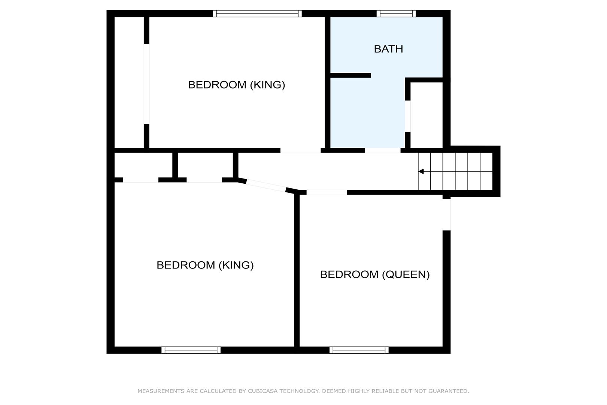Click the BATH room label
[388, 49]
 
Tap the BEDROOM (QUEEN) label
[375, 274]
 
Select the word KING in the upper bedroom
[267, 85]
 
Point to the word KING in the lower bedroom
[236, 265]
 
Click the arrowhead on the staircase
[421, 171]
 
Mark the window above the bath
[396, 13]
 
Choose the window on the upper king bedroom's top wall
[257, 13]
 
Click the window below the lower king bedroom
[191, 350]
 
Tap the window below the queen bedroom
[359, 350]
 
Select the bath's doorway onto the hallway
[383, 150]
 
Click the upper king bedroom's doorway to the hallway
[301, 150]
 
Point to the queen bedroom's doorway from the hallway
[327, 192]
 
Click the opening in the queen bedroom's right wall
[447, 215]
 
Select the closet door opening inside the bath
[407, 116]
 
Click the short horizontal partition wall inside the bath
[350, 75]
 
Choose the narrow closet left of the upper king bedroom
[129, 82]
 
